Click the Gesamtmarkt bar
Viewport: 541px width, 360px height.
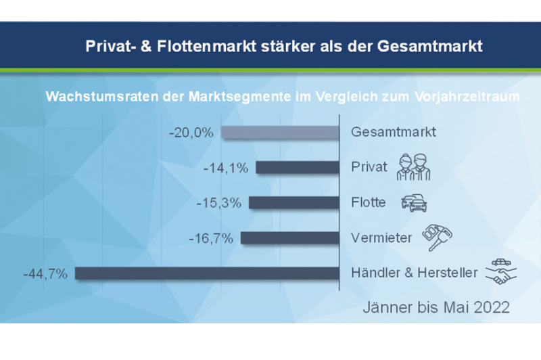tap(279, 133)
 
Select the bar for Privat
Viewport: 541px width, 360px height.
tap(297, 167)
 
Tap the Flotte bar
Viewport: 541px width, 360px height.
tap(293, 202)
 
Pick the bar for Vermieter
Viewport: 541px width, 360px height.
tap(289, 238)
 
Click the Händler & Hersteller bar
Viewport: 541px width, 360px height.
tap(206, 273)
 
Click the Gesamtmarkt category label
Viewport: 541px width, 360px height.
tap(394, 132)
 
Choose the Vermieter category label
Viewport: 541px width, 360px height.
tap(380, 238)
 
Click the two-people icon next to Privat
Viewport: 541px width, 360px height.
tap(413, 166)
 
